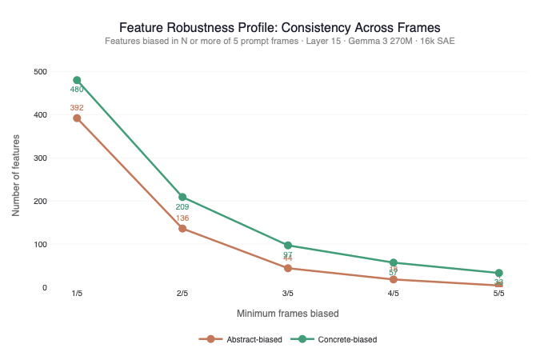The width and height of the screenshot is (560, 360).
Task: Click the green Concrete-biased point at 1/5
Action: click(x=77, y=80)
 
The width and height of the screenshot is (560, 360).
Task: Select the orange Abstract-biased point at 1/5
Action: click(x=77, y=118)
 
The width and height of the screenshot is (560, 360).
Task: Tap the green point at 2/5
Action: click(x=182, y=197)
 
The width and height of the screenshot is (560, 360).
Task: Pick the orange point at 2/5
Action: click(x=182, y=229)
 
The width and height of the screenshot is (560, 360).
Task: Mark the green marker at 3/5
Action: click(x=288, y=246)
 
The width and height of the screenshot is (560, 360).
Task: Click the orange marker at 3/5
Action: click(x=288, y=268)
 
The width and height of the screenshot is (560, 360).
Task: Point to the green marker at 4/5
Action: click(x=394, y=262)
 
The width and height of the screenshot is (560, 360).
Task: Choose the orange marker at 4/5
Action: click(x=394, y=279)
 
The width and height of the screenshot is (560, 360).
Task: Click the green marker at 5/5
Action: click(x=499, y=273)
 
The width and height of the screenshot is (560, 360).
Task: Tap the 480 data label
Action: click(x=77, y=90)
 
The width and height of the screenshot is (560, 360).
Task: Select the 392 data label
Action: click(x=77, y=107)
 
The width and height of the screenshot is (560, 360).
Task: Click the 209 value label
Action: click(x=182, y=207)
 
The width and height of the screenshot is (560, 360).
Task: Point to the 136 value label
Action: click(x=182, y=218)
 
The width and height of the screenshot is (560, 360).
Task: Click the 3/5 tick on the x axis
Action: click(x=288, y=294)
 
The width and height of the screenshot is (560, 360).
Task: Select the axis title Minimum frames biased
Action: click(x=288, y=313)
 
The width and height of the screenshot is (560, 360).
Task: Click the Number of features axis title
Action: click(x=17, y=179)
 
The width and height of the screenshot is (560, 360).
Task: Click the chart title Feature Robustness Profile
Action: click(x=279, y=27)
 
